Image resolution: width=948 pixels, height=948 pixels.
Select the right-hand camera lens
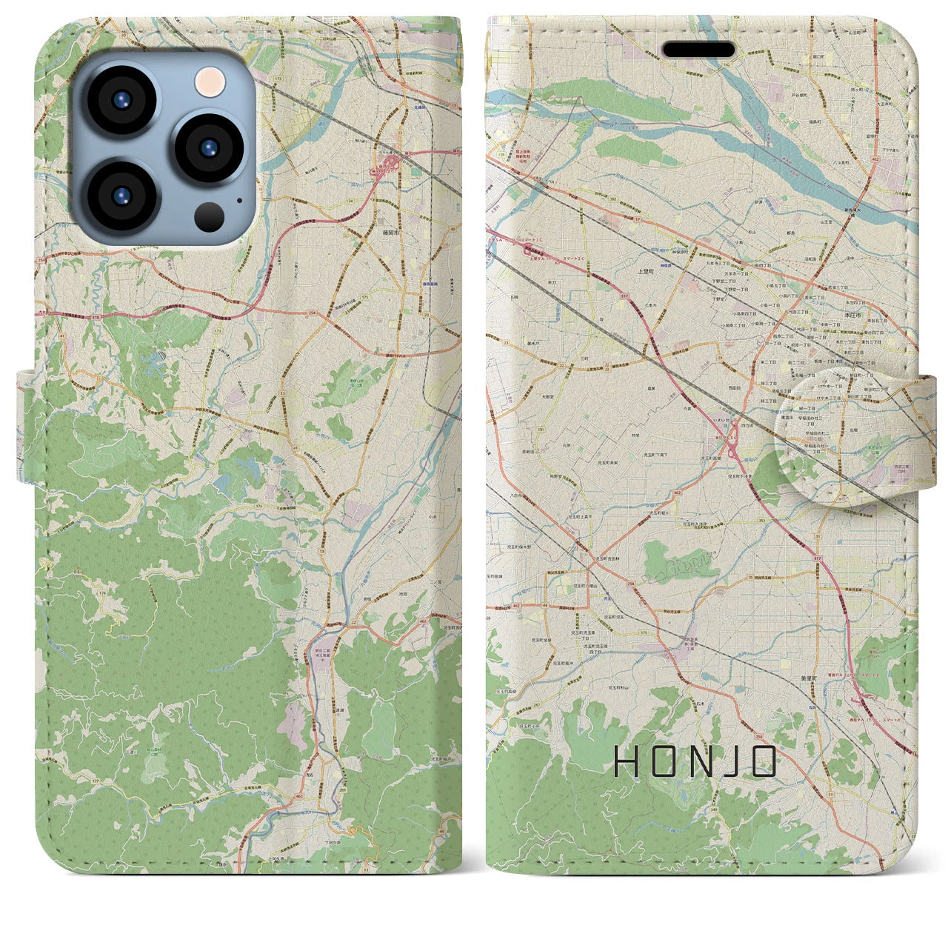point(210,147)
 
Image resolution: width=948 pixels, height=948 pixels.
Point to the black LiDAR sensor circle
point(210,216)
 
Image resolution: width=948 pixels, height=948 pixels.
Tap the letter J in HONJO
point(731,761)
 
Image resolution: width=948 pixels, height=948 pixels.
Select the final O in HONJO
point(764,761)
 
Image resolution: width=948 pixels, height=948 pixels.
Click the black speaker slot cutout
point(698,50)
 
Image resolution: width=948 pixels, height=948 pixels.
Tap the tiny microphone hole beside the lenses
point(239,199)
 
